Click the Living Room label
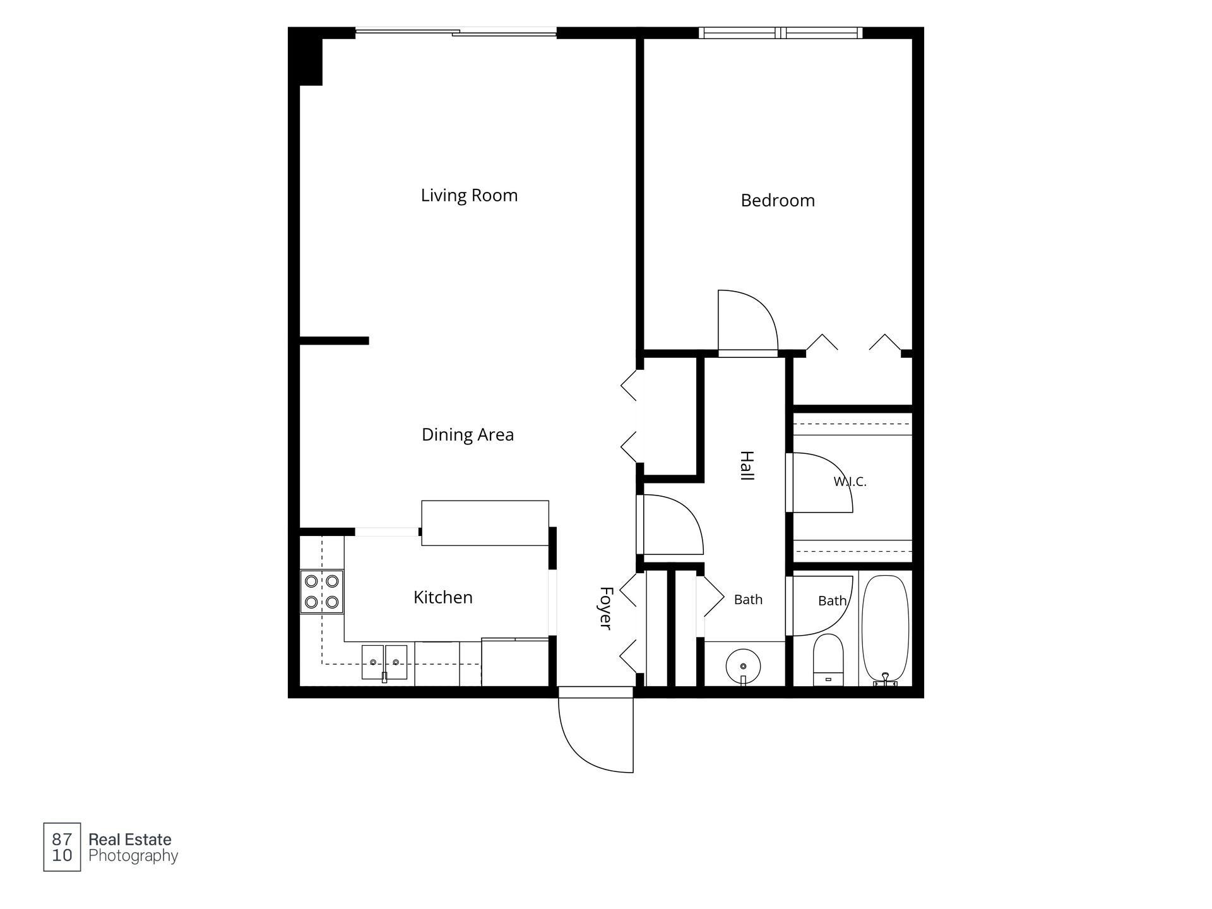469,196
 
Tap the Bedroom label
778,201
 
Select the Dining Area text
468,434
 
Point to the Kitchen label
443,597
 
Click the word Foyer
606,608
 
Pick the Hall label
747,466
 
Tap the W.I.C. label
850,482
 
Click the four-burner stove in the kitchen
322,591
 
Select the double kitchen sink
384,662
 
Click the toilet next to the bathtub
828,660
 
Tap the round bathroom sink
743,666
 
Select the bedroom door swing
764,309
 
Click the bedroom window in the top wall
780,33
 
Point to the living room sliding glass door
456,32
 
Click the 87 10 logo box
62,847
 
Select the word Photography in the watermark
133,856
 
